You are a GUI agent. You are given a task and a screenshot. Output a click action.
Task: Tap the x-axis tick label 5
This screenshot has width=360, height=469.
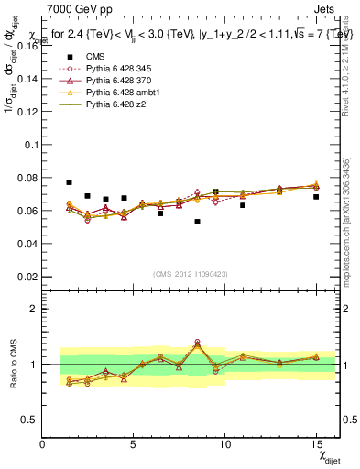click(133, 445)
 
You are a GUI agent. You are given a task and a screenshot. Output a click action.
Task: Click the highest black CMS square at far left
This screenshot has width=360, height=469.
click(69, 182)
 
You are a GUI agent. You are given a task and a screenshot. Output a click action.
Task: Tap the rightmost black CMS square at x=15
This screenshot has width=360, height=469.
click(316, 197)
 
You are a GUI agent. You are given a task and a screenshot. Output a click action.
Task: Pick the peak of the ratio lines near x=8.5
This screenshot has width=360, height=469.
click(197, 344)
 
